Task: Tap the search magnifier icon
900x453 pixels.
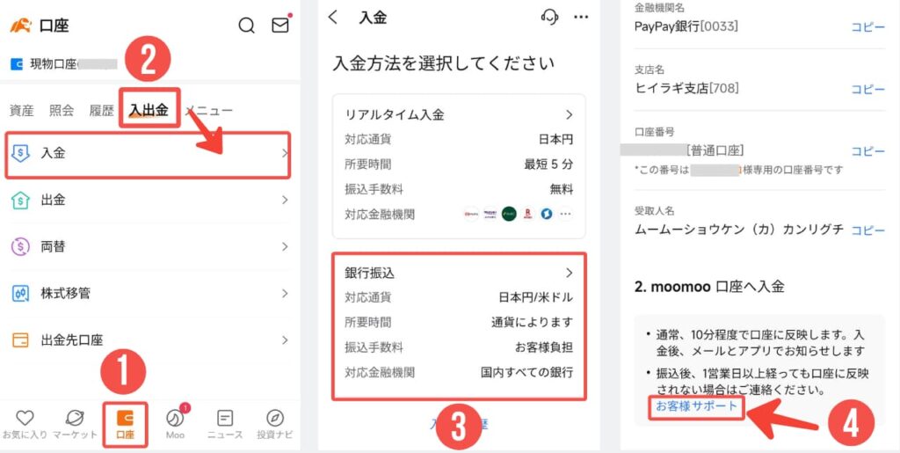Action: pos(247,25)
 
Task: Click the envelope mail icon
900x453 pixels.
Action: pos(279,25)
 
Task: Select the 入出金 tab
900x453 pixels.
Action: pos(149,110)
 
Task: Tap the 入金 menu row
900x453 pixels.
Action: pos(148,153)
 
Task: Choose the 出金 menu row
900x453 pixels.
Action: pos(148,201)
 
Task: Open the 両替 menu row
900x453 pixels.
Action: pos(148,247)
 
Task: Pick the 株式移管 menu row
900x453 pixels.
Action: pos(148,293)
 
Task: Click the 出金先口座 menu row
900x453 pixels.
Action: pos(148,340)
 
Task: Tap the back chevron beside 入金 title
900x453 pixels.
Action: pos(332,17)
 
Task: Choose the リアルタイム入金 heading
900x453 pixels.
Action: pos(395,115)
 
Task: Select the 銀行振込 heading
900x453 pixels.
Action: pos(370,274)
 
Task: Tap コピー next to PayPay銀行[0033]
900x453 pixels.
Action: pos(867,26)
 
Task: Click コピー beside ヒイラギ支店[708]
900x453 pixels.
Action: pos(867,89)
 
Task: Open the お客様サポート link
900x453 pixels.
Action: pos(697,406)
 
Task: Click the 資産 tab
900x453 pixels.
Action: pos(22,111)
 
